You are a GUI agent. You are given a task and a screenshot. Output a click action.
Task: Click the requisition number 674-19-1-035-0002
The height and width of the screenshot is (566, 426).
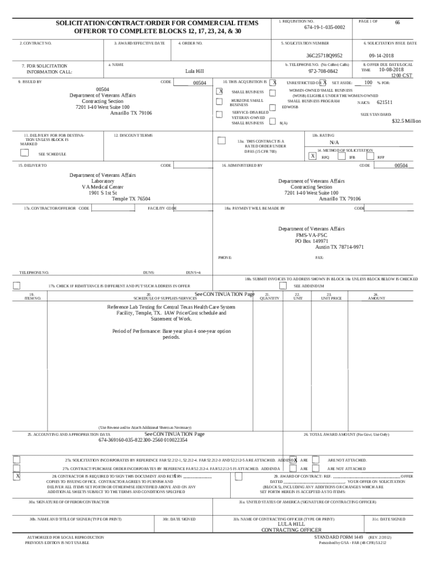click(x=324, y=27)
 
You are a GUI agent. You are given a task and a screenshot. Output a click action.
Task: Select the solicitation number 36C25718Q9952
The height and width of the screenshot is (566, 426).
click(x=325, y=56)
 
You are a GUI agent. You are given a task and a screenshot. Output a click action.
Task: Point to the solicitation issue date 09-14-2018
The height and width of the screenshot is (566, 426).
click(x=381, y=56)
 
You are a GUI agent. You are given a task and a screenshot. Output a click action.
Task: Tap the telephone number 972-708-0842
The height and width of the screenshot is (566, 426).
click(x=324, y=71)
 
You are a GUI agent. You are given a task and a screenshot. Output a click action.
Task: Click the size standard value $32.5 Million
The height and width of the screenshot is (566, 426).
click(x=406, y=121)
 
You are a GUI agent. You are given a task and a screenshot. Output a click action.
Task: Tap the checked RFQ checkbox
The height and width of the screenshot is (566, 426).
click(x=313, y=156)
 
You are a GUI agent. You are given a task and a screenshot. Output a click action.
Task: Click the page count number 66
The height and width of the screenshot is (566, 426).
click(x=397, y=23)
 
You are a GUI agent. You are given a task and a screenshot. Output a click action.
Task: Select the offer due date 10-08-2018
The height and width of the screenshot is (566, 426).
click(x=391, y=70)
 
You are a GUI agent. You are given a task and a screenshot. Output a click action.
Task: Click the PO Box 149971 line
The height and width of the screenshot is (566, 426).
click(x=311, y=241)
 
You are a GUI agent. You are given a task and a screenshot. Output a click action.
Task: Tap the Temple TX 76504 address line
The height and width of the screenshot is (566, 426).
click(x=131, y=199)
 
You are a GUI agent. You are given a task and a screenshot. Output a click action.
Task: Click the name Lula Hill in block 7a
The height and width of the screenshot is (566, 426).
click(x=195, y=71)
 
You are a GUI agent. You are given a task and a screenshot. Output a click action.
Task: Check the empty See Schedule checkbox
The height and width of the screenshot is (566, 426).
click(x=24, y=153)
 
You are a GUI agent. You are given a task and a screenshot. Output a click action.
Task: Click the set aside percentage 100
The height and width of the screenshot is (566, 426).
click(x=368, y=82)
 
